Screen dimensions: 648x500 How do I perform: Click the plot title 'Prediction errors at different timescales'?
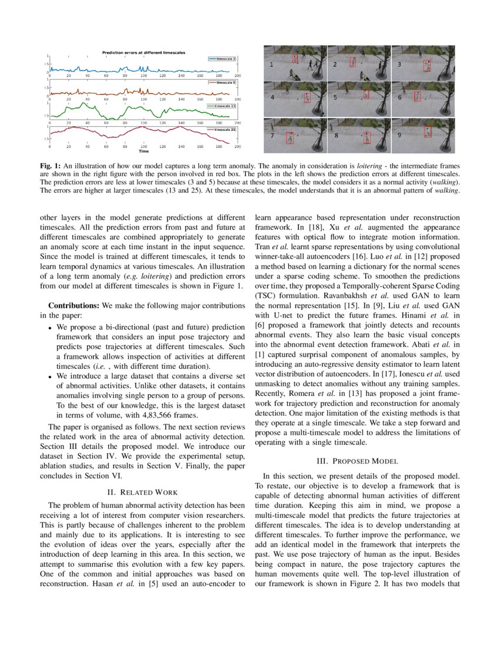click(144, 52)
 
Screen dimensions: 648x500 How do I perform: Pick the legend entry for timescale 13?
click(222, 106)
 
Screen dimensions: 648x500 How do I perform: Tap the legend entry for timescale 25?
click(224, 129)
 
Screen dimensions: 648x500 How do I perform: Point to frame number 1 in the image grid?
click(271, 64)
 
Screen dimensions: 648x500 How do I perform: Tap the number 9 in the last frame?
click(399, 134)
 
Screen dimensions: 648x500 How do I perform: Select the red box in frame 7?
click(289, 138)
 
